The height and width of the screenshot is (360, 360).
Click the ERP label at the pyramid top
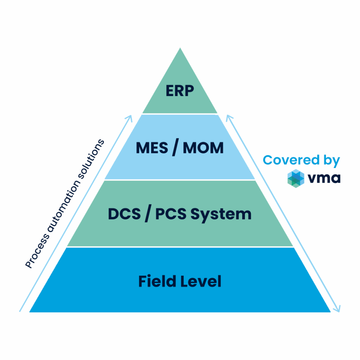(x=180, y=91)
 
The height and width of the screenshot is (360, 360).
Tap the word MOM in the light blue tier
(x=203, y=148)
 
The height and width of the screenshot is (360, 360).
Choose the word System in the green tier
(x=221, y=215)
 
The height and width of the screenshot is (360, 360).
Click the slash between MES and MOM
(x=174, y=148)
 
